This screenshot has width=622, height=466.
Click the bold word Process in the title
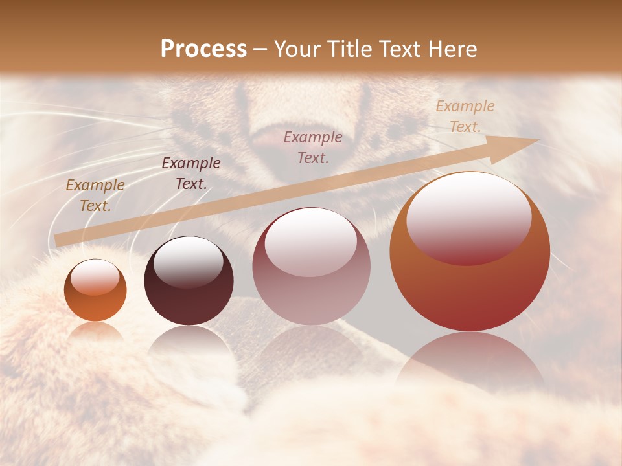click(x=203, y=49)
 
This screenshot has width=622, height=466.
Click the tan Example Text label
click(x=95, y=195)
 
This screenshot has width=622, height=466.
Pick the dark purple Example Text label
click(x=191, y=173)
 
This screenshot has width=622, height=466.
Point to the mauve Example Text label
click(x=313, y=147)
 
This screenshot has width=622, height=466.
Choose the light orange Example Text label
click(x=465, y=116)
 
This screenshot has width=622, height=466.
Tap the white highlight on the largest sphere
click(x=468, y=217)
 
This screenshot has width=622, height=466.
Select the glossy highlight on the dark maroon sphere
click(x=188, y=261)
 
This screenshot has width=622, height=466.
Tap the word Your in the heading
click(x=298, y=49)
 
